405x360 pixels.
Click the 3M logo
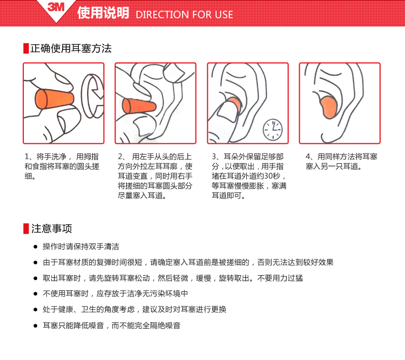56,6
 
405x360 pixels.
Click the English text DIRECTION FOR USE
185,15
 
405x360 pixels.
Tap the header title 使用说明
103,12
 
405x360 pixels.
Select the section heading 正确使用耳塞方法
71,48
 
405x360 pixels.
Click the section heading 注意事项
52,229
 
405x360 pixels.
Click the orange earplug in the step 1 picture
54,99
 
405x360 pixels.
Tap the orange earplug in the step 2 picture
139,106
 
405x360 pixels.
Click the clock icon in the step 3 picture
273,130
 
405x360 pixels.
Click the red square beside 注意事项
26,229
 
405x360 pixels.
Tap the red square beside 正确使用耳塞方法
26,48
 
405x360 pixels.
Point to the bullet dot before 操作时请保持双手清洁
36,246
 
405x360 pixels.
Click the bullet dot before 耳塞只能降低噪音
36,325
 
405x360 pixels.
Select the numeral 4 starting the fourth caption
308,157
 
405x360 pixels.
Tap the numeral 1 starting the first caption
26,157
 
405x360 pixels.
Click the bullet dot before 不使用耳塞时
36,294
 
